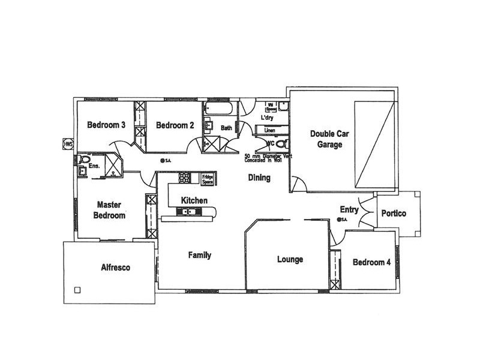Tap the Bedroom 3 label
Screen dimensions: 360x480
point(106,125)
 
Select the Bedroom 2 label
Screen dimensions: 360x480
point(175,125)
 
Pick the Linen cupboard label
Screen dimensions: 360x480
point(269,130)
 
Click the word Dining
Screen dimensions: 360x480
point(259,178)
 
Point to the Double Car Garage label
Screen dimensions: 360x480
point(326,139)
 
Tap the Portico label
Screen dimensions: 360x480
point(394,214)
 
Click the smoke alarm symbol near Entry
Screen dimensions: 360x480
point(340,220)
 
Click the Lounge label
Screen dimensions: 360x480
point(290,260)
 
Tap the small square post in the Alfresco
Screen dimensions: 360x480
point(77,290)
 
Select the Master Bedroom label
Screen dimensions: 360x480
point(109,210)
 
